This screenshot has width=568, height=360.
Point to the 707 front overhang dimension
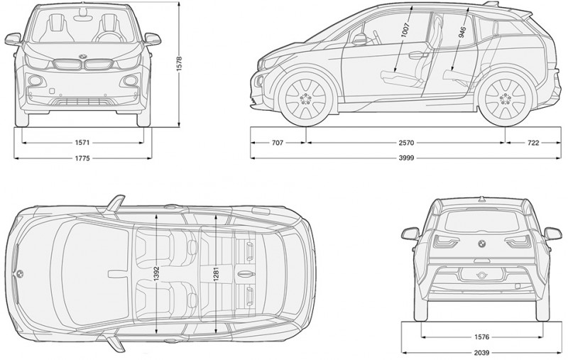coord(277,143)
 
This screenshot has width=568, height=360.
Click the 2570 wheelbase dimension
coord(406,143)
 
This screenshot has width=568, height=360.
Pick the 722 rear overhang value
coord(532,143)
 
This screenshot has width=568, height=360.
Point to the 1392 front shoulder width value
coord(157,273)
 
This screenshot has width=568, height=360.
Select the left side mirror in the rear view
coord(410,232)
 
